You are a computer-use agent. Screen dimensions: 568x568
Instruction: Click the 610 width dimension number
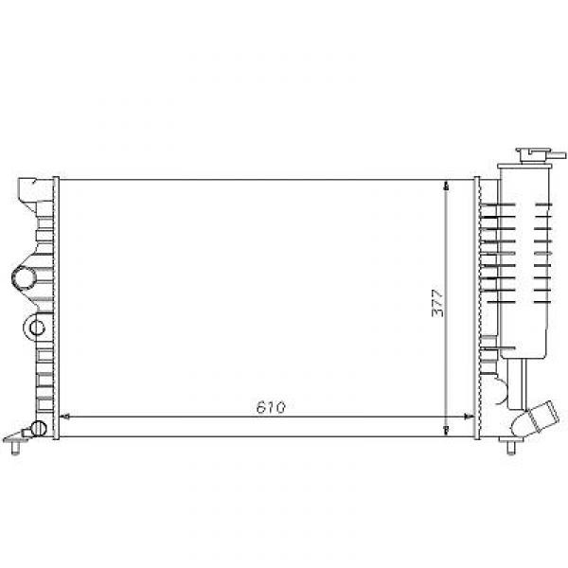pyautogui.click(x=271, y=407)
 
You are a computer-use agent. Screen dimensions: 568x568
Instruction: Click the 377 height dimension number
pyautogui.click(x=437, y=303)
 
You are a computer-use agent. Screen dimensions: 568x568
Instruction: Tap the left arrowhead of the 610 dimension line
pyautogui.click(x=64, y=417)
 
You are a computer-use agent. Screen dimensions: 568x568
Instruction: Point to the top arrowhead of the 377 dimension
pyautogui.click(x=446, y=185)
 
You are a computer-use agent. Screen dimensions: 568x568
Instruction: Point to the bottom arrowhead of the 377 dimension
pyautogui.click(x=446, y=431)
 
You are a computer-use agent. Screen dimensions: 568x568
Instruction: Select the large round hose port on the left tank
pyautogui.click(x=24, y=277)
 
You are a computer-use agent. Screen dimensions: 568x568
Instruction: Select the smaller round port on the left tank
pyautogui.click(x=37, y=328)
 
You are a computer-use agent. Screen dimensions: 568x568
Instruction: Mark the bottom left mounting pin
pyautogui.click(x=15, y=448)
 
